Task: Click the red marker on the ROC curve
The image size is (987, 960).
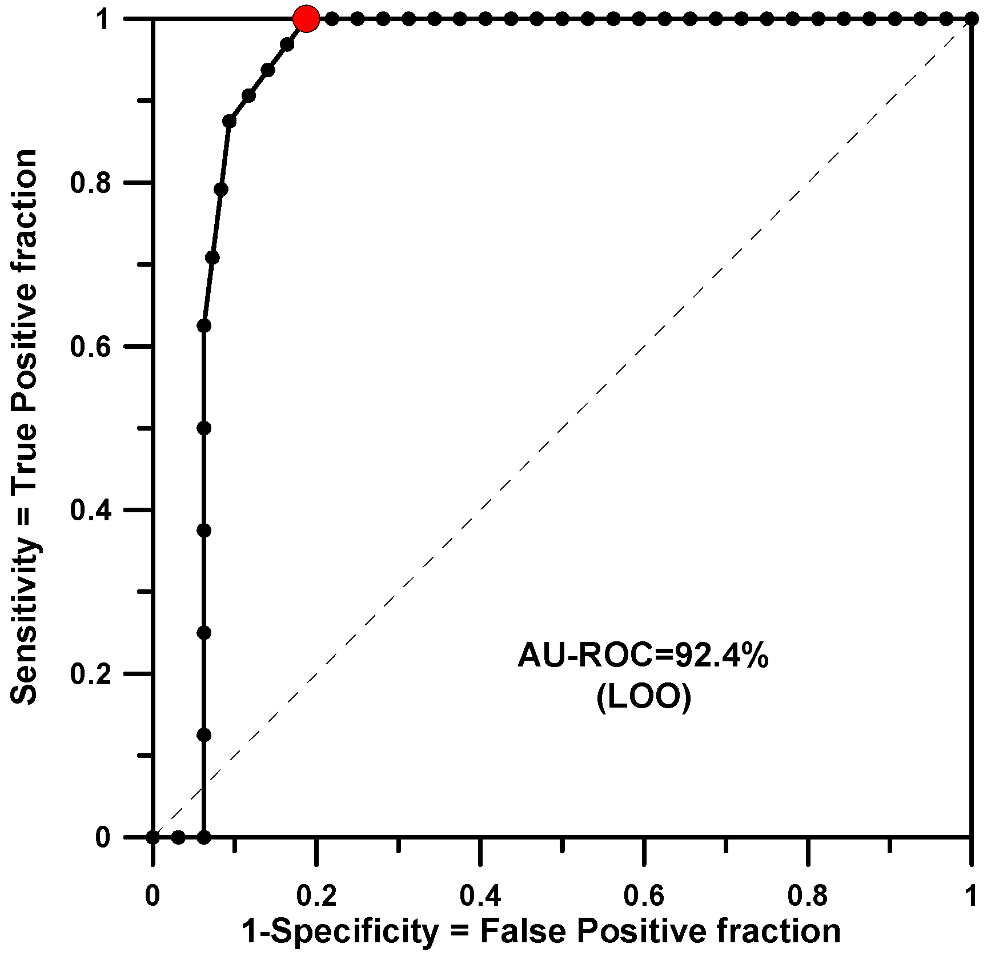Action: click(x=306, y=19)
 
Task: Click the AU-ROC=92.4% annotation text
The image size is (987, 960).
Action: click(x=643, y=657)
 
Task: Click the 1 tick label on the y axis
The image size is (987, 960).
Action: click(x=103, y=21)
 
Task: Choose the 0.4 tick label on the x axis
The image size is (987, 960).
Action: click(x=480, y=895)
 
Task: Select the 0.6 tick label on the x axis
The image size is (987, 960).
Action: click(x=644, y=895)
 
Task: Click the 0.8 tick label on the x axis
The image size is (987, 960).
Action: click(x=808, y=895)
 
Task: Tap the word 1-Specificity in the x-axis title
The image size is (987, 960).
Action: click(x=340, y=932)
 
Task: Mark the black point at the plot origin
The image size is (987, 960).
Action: click(x=153, y=837)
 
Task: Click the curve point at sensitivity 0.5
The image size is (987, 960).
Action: click(x=204, y=428)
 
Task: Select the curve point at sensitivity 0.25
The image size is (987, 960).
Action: click(x=204, y=633)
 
